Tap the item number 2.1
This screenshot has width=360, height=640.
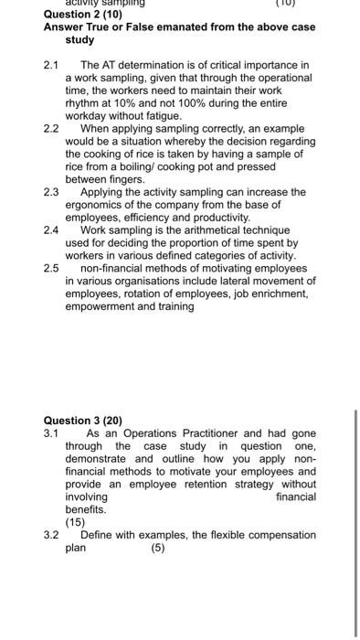(51, 66)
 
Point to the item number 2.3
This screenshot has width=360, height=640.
(51, 193)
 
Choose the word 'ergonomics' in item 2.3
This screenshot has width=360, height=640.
(94, 206)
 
